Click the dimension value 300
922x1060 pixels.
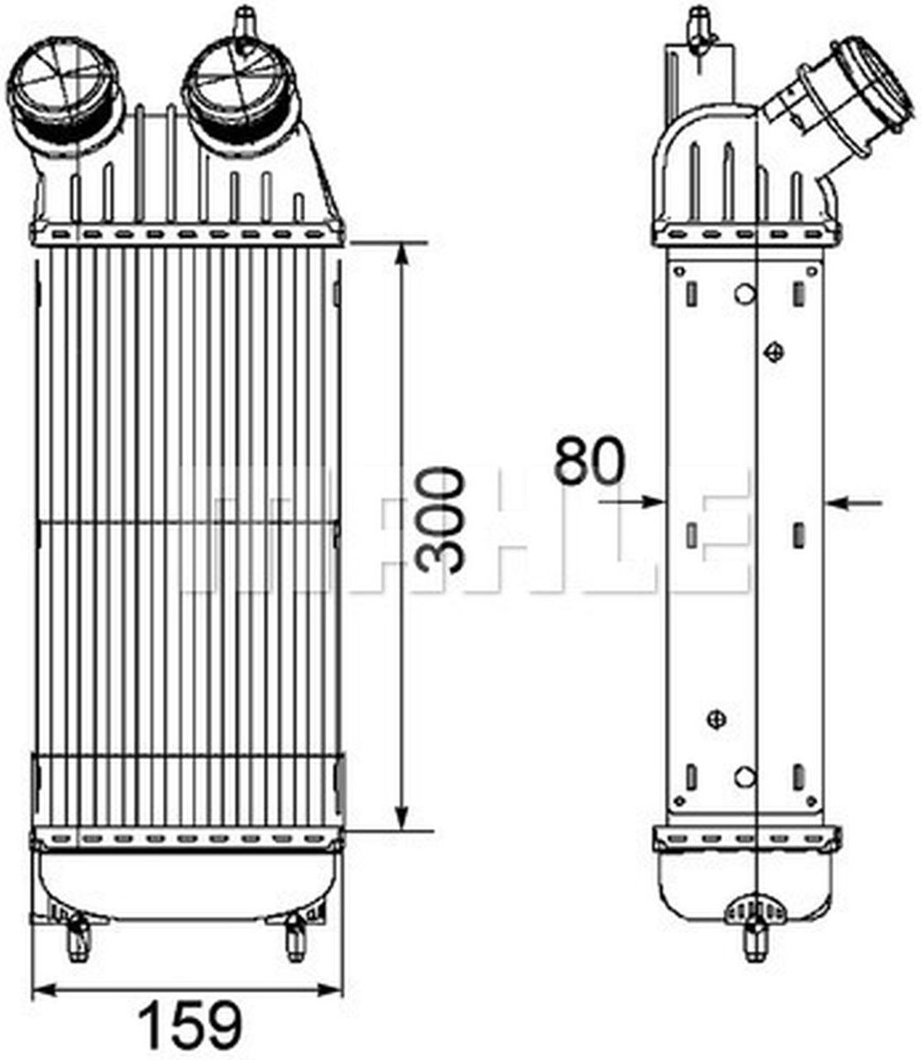click(x=440, y=521)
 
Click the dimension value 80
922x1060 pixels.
click(x=588, y=460)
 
